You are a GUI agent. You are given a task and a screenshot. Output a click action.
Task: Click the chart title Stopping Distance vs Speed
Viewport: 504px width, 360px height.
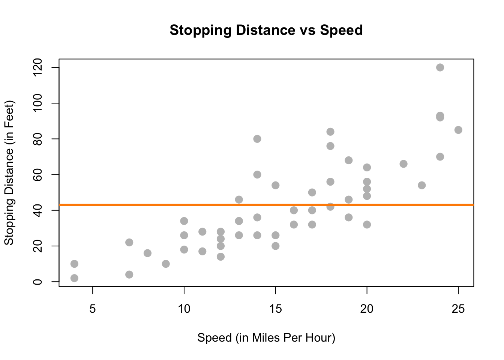[266, 30]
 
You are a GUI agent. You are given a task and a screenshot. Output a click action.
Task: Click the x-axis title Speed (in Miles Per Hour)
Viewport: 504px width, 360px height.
[266, 338]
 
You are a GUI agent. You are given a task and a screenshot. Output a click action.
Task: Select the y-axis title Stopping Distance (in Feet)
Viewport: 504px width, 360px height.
[9, 172]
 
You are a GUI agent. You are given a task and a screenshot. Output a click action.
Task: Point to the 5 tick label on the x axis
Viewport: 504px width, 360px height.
[93, 309]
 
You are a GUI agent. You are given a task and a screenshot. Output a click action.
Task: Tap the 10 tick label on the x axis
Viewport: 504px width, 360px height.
[184, 309]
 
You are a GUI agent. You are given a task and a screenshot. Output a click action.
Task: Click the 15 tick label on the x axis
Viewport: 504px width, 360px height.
[275, 309]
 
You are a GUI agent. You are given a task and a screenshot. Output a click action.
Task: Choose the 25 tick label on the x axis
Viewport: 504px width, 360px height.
[458, 309]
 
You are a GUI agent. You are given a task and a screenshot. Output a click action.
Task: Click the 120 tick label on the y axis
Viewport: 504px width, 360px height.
[37, 67]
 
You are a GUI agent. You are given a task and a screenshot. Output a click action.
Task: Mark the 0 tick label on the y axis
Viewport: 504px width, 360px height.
[37, 282]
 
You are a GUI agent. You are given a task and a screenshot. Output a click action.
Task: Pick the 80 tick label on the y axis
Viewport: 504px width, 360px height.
[37, 139]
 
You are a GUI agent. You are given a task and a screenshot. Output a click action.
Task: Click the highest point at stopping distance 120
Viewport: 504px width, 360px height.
[440, 67]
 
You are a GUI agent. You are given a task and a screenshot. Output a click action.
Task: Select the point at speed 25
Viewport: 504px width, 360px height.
[458, 130]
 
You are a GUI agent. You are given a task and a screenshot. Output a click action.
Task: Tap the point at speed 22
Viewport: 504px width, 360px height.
[403, 164]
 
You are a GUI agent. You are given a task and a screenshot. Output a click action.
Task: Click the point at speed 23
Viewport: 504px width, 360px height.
[422, 185]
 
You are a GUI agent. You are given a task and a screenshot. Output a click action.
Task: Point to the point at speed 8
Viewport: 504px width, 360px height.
[147, 253]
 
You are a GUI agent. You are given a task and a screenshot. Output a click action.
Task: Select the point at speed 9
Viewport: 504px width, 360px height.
[166, 264]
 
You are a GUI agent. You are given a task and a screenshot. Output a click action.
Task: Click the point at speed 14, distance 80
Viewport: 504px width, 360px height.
[257, 139]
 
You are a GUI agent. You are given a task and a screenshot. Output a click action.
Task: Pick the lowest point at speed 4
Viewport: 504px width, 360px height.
[74, 278]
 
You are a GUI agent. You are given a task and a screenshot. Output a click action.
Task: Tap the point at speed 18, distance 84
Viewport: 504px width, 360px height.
[330, 132]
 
